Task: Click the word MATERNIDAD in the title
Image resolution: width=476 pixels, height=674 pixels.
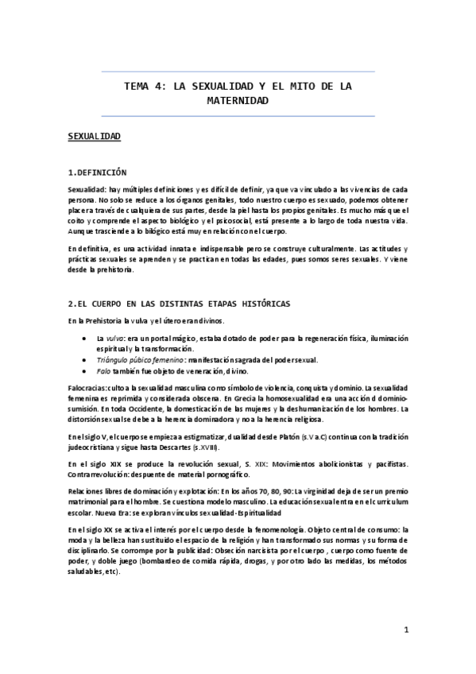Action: pyautogui.click(x=238, y=101)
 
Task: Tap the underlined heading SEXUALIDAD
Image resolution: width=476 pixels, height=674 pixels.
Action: pyautogui.click(x=94, y=138)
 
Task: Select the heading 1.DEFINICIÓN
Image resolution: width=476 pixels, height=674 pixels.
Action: pyautogui.click(x=97, y=172)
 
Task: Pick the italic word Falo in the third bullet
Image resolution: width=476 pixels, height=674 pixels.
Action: pyautogui.click(x=103, y=370)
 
